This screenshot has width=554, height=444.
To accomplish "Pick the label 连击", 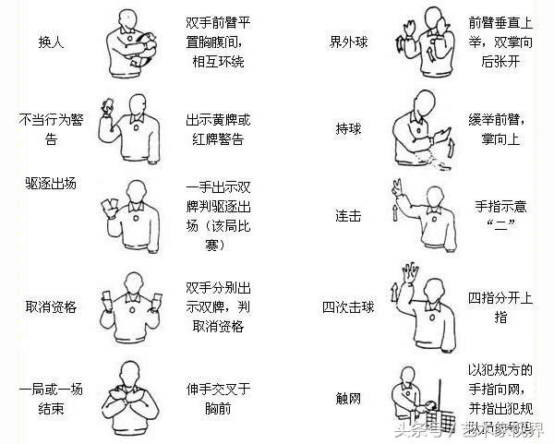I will pyautogui.click(x=347, y=214).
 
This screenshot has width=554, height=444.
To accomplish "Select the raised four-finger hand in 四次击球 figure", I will pyautogui.click(x=410, y=273).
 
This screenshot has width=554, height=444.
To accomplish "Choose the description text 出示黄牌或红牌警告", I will pyautogui.click(x=219, y=130).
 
